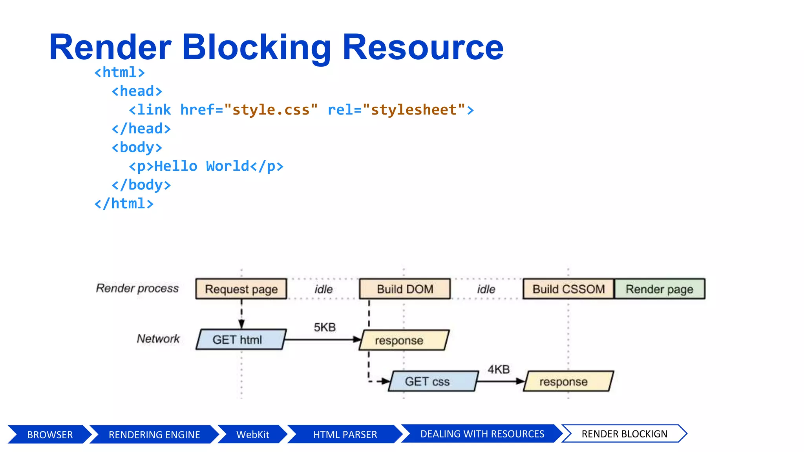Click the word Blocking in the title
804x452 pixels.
pyautogui.click(x=256, y=47)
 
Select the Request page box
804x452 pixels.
pyautogui.click(x=241, y=289)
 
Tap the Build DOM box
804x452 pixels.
pyautogui.click(x=405, y=289)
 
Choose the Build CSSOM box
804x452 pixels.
pyautogui.click(x=568, y=289)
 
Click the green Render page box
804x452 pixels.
pyautogui.click(x=660, y=289)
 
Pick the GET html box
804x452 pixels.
pyautogui.click(x=240, y=339)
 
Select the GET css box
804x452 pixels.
pyautogui.click(x=432, y=381)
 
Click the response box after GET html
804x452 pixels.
pyautogui.click(x=404, y=340)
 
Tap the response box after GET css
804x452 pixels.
pyautogui.click(x=568, y=381)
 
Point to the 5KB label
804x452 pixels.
pyautogui.click(x=325, y=327)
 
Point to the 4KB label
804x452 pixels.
pyautogui.click(x=499, y=369)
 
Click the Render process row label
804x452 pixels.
pyautogui.click(x=137, y=288)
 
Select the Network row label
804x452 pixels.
pyautogui.click(x=158, y=339)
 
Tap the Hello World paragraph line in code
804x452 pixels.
pyautogui.click(x=206, y=166)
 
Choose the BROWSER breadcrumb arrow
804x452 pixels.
pyautogui.click(x=49, y=434)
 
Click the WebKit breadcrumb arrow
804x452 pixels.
pyautogui.click(x=252, y=434)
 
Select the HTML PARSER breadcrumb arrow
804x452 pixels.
pyautogui.click(x=345, y=434)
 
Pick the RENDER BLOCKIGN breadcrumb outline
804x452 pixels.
pyautogui.click(x=624, y=434)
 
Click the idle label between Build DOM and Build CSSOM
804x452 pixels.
pyautogui.click(x=486, y=290)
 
